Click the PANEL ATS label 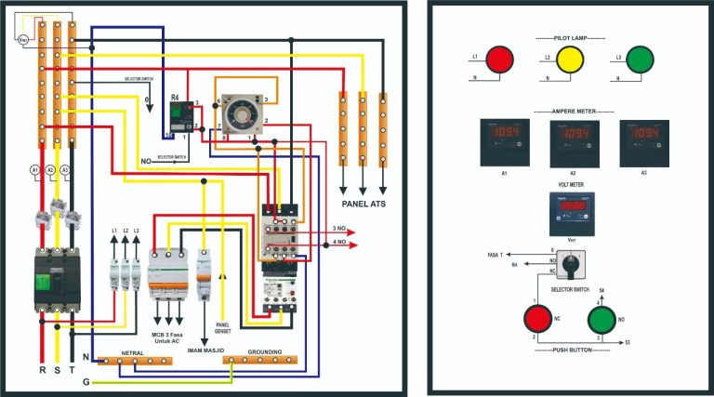[x=363, y=203]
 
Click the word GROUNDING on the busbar [x=265, y=352]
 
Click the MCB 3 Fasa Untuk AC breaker [x=168, y=273]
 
